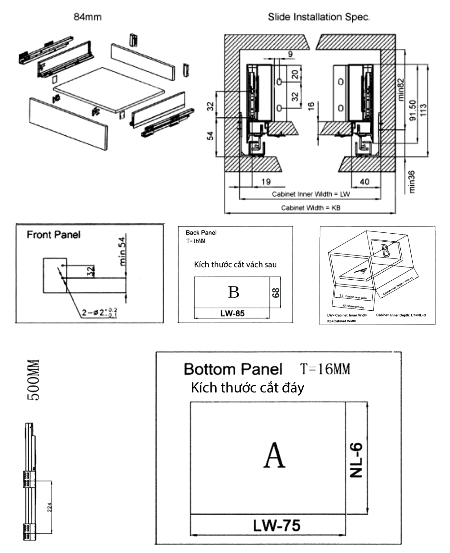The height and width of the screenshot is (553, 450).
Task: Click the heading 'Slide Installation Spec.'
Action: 318,17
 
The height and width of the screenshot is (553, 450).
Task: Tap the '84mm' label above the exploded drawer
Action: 87,17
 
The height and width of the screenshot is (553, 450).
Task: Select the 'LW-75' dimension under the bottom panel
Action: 277,526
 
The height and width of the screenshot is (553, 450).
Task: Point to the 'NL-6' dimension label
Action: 356,460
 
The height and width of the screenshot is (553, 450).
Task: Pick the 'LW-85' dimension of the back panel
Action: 232,313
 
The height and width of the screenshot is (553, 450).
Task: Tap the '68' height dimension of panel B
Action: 276,293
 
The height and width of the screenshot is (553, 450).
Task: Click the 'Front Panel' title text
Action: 54,235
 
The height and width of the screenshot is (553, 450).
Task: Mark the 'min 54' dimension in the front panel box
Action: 122,252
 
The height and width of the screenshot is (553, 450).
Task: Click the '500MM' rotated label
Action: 34,380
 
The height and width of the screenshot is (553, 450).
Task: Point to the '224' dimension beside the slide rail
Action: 49,508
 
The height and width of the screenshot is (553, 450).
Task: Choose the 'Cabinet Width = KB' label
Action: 310,208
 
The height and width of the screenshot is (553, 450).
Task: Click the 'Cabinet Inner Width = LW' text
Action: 310,194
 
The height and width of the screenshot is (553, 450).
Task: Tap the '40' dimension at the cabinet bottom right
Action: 365,182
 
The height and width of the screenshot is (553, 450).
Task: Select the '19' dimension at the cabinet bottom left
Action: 266,182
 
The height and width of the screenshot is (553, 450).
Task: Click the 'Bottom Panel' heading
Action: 233,369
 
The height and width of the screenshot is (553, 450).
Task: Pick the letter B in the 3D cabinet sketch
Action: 385,250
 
